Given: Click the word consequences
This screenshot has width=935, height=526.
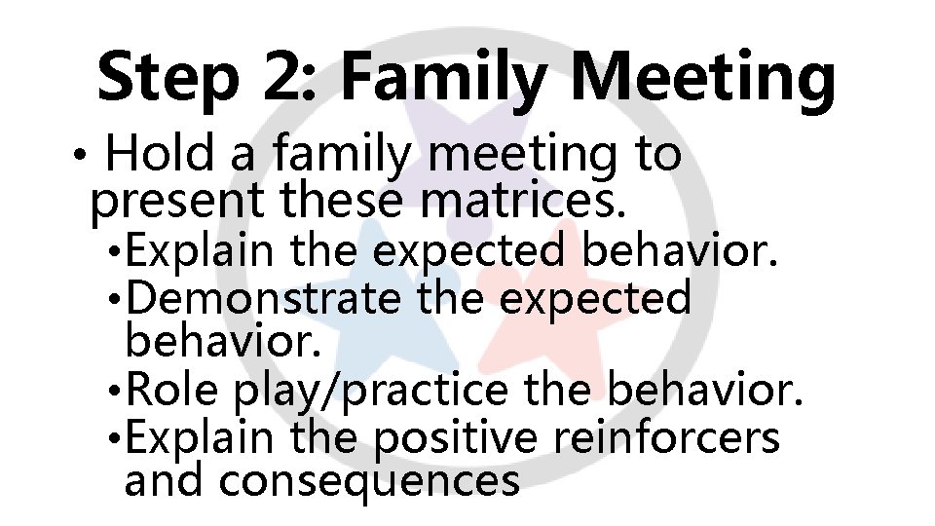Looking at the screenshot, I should [369, 481].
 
